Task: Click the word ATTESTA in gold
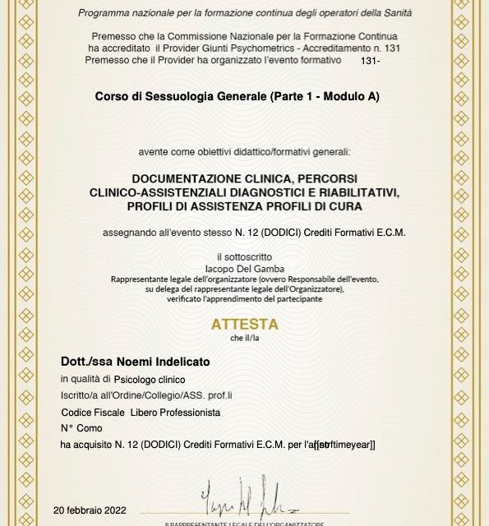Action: (245, 325)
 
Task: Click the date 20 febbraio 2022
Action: (90, 510)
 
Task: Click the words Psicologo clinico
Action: (150, 380)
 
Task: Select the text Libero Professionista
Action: (175, 412)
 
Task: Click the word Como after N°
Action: (90, 428)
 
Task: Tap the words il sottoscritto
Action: (244, 257)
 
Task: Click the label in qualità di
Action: (85, 379)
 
